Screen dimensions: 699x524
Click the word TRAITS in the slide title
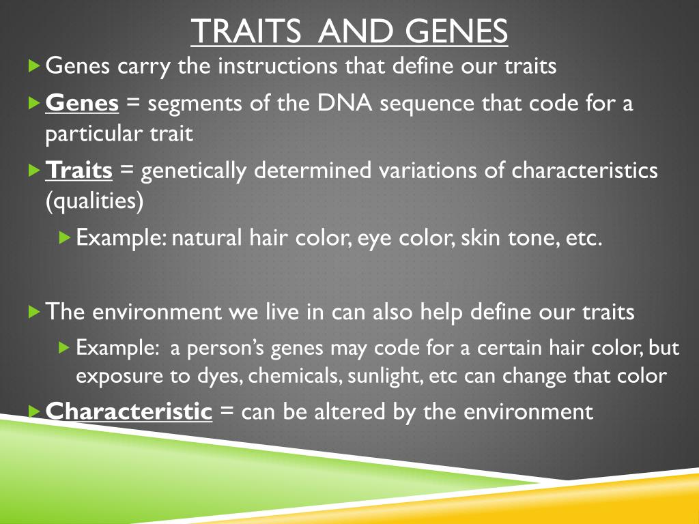click(x=246, y=31)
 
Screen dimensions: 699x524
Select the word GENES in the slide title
click(x=456, y=31)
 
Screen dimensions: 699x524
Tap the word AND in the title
click(x=355, y=31)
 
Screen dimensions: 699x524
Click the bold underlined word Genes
click(x=82, y=103)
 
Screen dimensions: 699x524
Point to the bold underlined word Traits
click(x=79, y=170)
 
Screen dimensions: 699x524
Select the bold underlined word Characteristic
click(x=129, y=411)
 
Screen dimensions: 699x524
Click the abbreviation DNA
click(x=345, y=103)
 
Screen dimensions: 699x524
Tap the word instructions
click(x=277, y=66)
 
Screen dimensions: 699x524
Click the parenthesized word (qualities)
click(x=94, y=201)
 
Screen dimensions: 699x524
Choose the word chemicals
click(x=295, y=375)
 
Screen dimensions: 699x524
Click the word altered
click(x=350, y=411)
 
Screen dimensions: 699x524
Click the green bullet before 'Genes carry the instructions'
click(x=34, y=66)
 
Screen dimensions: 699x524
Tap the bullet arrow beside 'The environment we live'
click(x=34, y=311)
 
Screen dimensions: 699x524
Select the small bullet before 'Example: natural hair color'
click(x=65, y=237)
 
